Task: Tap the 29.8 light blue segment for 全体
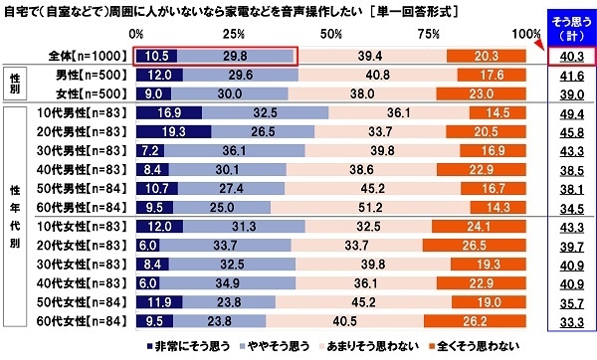point(235,58)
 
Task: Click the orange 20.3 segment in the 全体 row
point(487,58)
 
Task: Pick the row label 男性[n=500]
point(86,77)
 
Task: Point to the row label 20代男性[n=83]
point(86,134)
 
